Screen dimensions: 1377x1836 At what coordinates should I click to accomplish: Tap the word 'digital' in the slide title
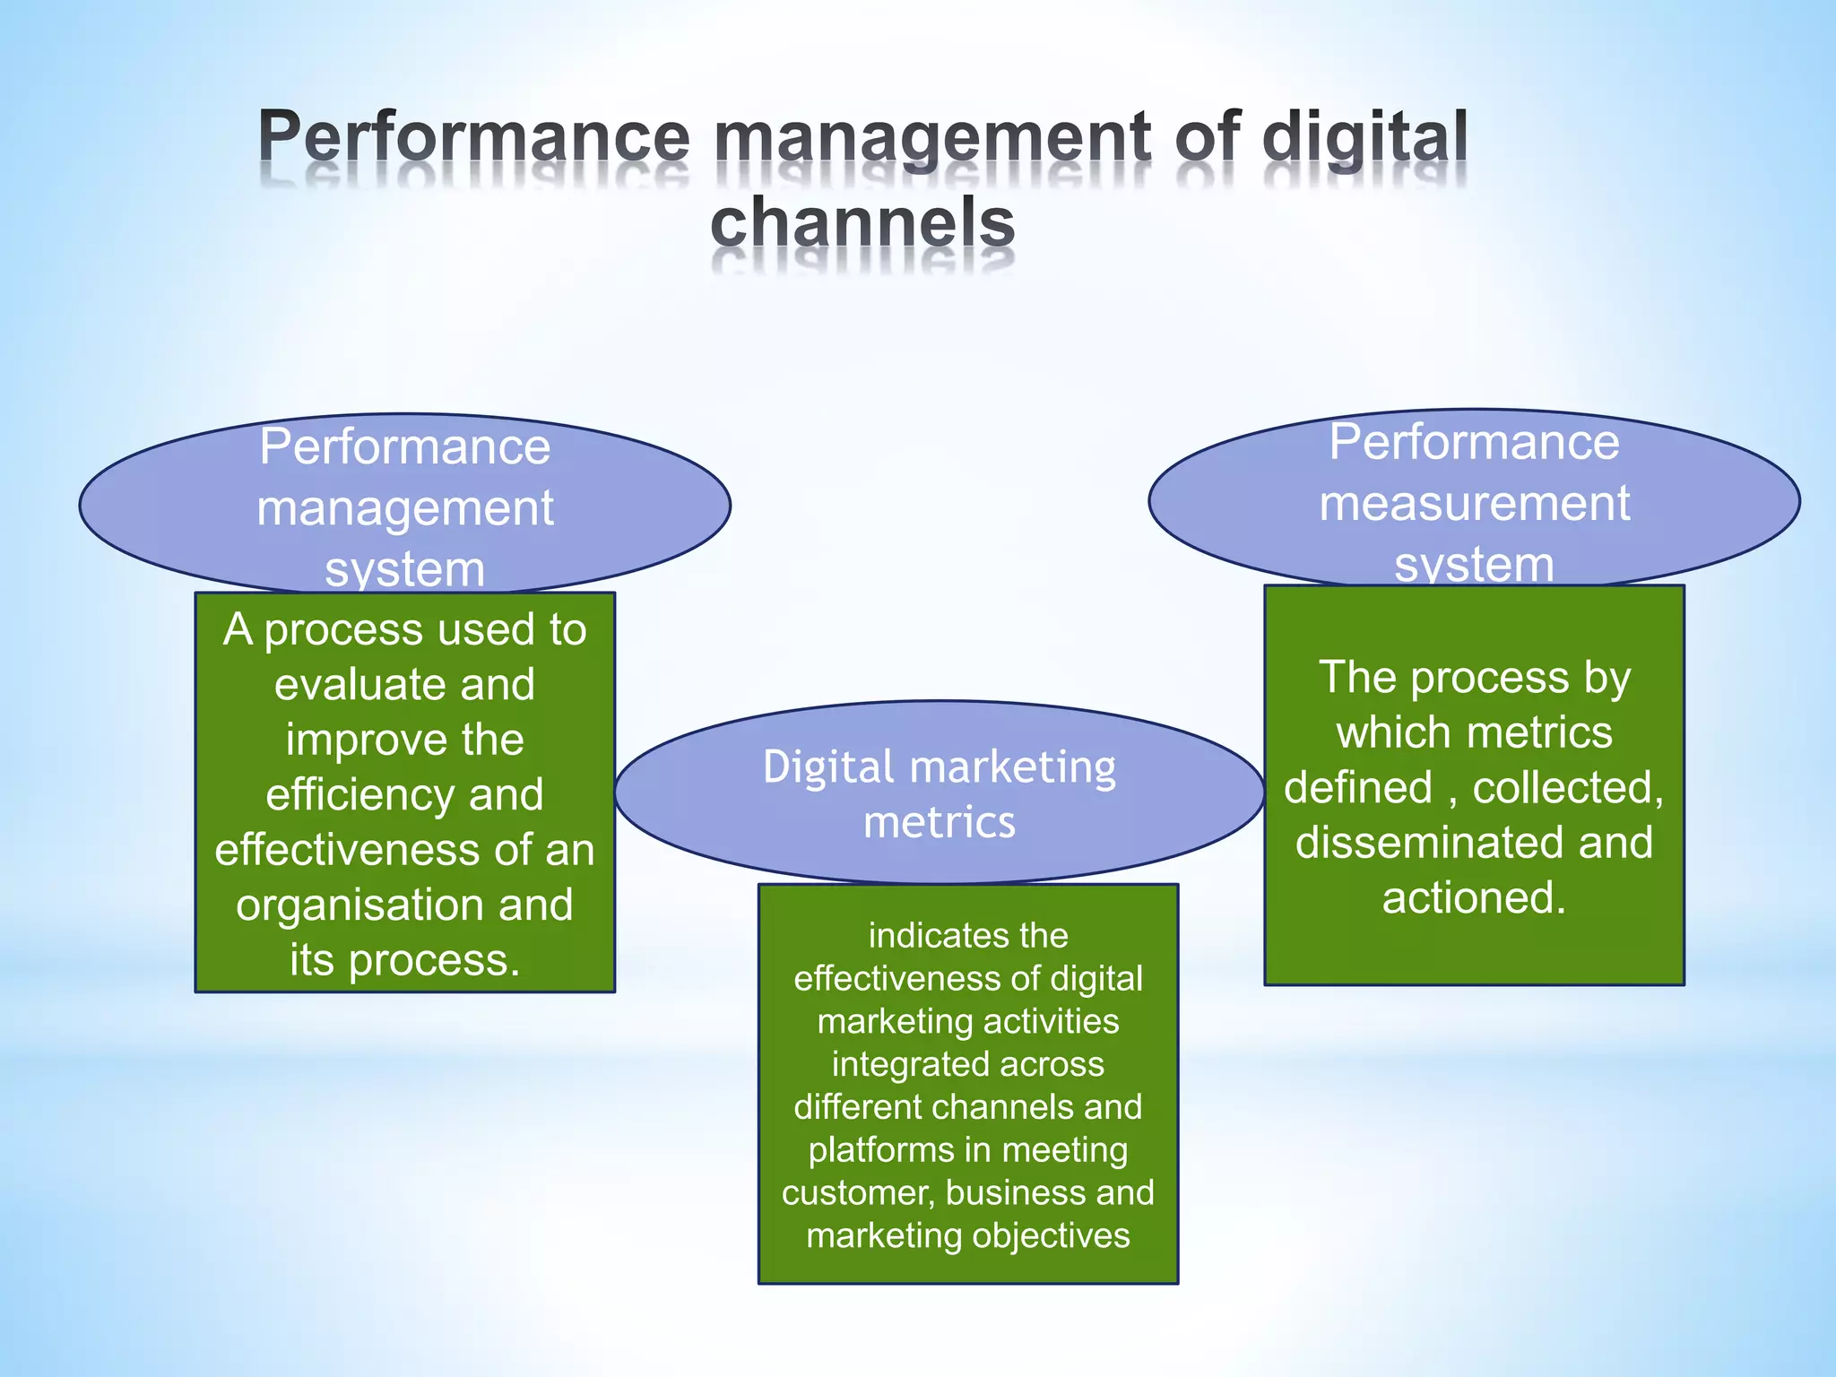(1364, 138)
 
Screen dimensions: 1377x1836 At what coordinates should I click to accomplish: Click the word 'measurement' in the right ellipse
(1474, 503)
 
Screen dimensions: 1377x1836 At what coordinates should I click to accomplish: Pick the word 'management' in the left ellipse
(405, 509)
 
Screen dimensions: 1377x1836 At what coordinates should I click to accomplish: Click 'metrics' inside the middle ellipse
(939, 822)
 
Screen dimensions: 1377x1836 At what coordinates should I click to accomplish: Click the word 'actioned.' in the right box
(1474, 898)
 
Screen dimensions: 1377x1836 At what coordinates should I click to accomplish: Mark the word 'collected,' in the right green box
(1568, 788)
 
